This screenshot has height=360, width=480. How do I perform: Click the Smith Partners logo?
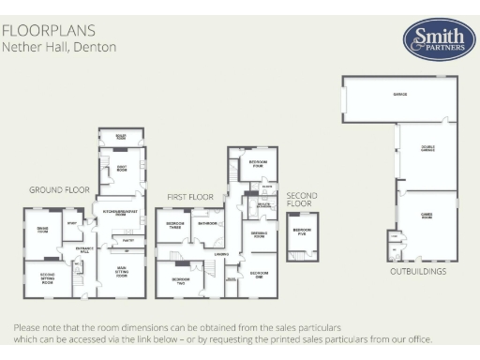432,40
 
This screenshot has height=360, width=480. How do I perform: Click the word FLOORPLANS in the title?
38,30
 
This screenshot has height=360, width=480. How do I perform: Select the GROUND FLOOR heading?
59,189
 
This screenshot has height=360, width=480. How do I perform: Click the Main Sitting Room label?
121,272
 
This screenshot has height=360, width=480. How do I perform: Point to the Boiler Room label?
121,135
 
